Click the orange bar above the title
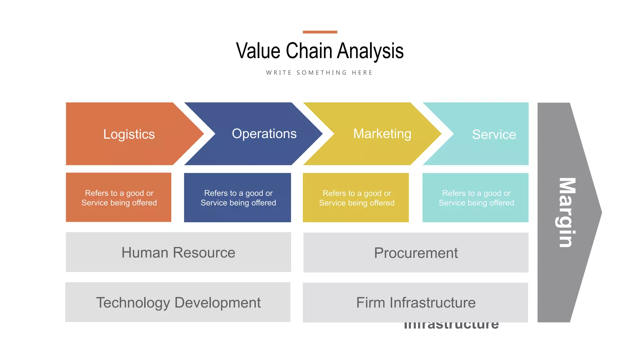320,32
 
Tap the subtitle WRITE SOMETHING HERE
319,72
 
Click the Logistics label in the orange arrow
129,134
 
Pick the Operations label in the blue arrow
264,134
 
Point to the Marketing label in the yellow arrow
382,134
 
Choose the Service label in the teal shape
494,134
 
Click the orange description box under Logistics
119,197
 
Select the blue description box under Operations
238,198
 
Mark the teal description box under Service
476,198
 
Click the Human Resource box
178,252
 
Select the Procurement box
416,253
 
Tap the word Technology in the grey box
133,302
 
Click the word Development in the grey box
217,302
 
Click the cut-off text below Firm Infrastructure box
451,326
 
